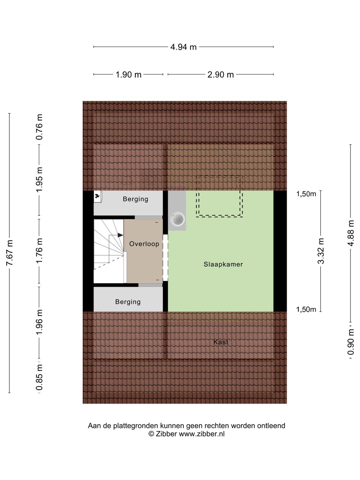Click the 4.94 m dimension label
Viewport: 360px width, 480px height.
click(x=183, y=47)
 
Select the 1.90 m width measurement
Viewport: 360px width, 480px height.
click(x=128, y=75)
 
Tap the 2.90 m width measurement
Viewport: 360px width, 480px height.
click(x=221, y=75)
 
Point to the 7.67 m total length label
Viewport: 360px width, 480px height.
click(x=10, y=253)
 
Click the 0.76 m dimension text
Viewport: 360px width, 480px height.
click(x=39, y=127)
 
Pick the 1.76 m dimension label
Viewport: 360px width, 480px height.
click(x=39, y=251)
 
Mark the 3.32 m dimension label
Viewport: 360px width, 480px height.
click(x=321, y=251)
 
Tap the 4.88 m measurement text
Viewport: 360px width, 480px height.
click(x=351, y=233)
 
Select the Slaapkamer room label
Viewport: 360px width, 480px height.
click(x=223, y=264)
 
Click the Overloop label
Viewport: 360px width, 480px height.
click(x=144, y=244)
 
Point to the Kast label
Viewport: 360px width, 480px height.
click(x=221, y=342)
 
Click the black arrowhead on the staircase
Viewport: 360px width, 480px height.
click(x=120, y=235)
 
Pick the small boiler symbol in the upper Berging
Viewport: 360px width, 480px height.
click(x=97, y=196)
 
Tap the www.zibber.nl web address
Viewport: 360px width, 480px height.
click(x=202, y=434)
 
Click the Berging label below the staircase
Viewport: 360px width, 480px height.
click(x=128, y=302)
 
